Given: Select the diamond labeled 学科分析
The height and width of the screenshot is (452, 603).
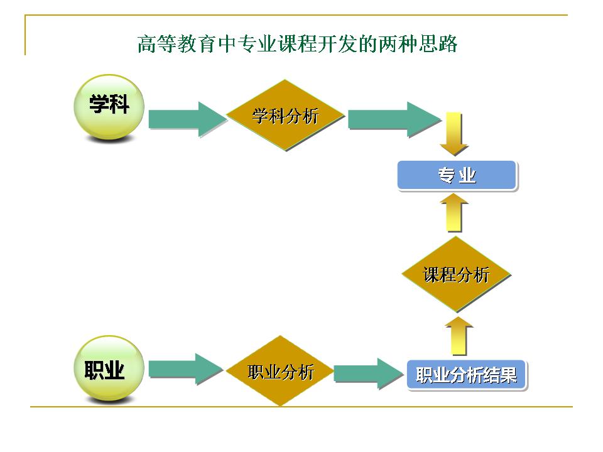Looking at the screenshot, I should [285, 116].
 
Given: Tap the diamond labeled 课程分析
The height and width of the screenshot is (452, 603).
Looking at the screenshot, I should [456, 274].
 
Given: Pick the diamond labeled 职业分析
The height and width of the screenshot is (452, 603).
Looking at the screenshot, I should [281, 372].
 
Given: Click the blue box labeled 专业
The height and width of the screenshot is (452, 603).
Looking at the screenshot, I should [457, 176].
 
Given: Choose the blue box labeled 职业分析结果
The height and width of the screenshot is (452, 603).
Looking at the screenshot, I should [466, 375].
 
